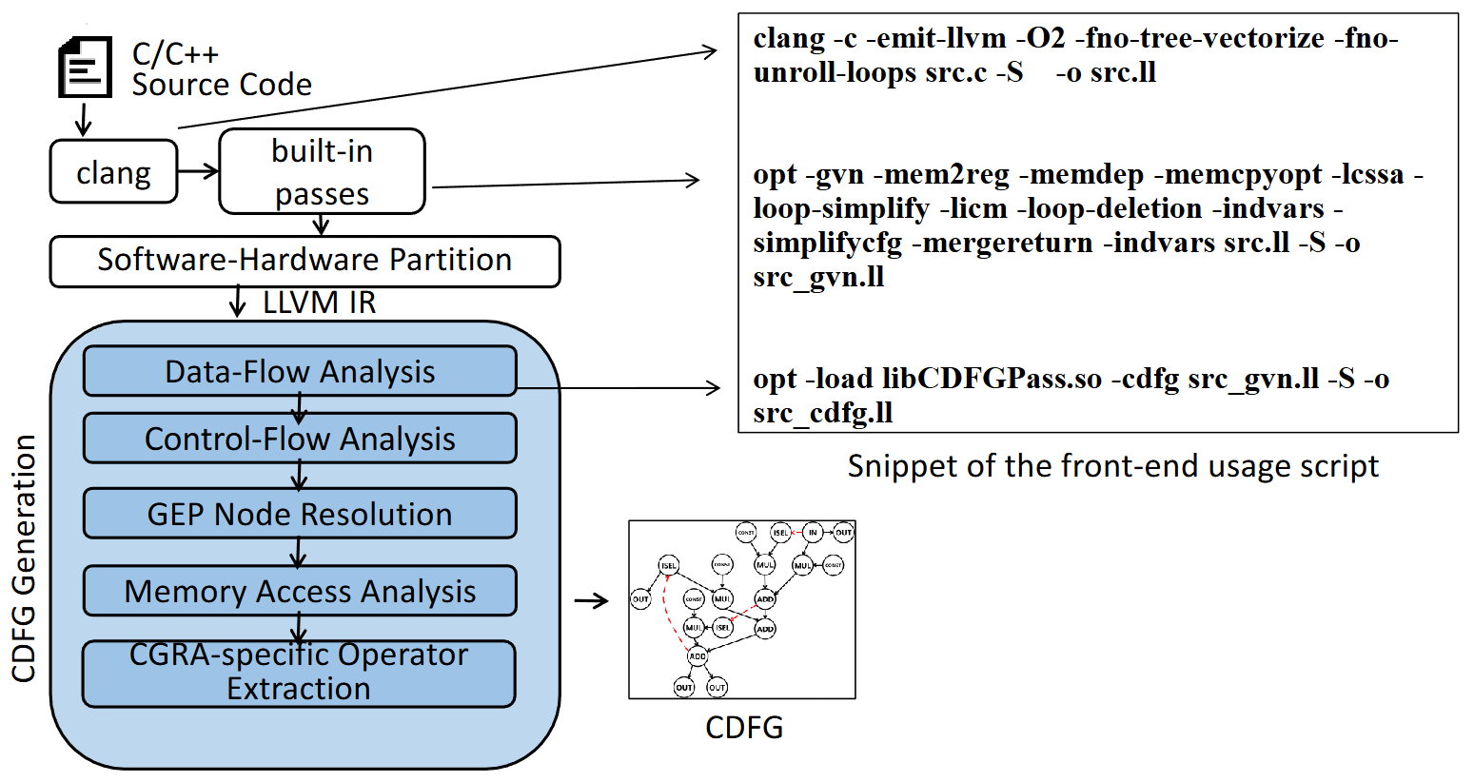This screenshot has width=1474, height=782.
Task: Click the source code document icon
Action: [x=85, y=67]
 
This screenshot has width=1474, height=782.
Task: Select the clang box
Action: [x=113, y=172]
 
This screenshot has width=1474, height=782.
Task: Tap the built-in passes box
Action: [x=322, y=171]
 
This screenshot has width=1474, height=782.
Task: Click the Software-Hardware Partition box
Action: [x=305, y=261]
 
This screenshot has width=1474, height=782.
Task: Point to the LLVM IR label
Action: [x=319, y=303]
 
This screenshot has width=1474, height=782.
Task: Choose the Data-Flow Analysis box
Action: [x=300, y=371]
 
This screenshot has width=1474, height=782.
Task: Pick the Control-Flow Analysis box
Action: [x=300, y=439]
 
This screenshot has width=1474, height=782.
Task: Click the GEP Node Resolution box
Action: [x=300, y=514]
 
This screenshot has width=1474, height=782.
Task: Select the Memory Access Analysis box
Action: [x=300, y=591]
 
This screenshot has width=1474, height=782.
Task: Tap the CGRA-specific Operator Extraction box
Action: [x=299, y=673]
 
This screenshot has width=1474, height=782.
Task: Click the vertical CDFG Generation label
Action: [x=24, y=559]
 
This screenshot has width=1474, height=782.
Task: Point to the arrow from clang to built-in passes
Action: [x=198, y=171]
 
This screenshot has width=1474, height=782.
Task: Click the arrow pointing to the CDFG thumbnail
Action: [x=591, y=600]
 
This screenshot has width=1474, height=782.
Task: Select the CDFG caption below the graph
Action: [x=743, y=728]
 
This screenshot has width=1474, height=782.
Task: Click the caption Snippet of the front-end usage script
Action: [x=1112, y=466]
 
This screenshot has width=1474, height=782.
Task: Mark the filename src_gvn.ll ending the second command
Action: [x=818, y=277]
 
